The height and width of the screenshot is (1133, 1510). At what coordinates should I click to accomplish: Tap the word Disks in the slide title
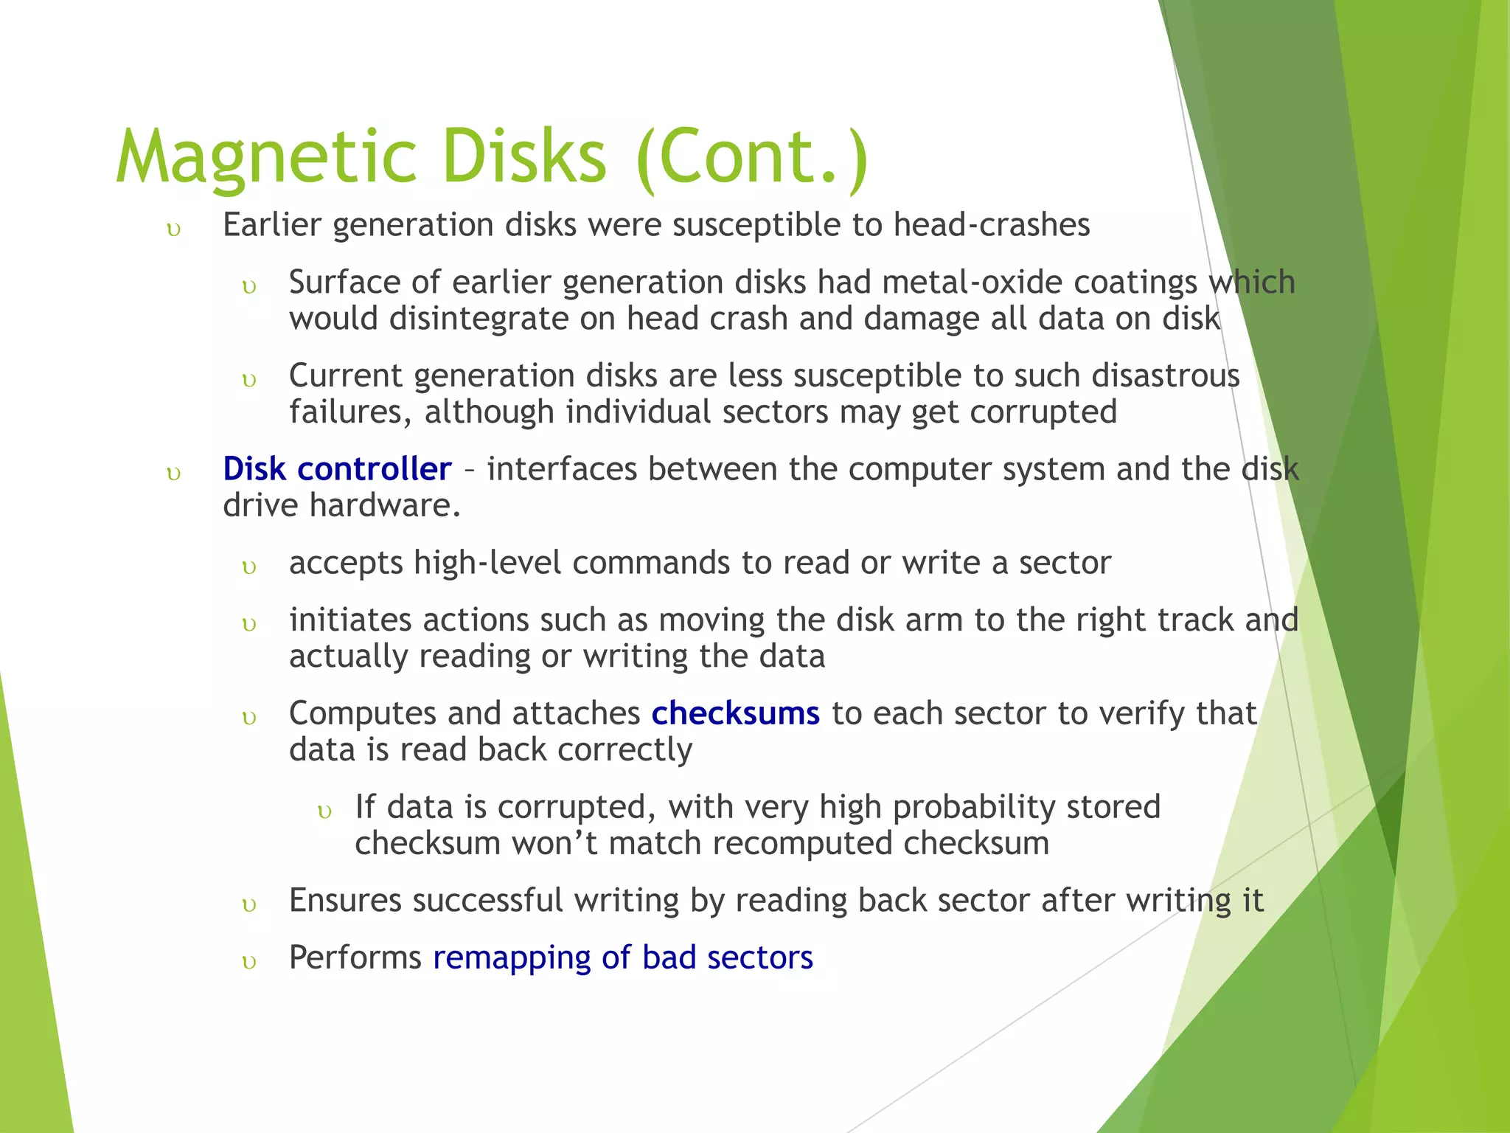click(x=525, y=156)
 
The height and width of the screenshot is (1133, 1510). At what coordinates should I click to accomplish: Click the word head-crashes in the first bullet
click(x=991, y=225)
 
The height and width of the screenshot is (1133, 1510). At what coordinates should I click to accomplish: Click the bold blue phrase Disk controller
click(x=337, y=469)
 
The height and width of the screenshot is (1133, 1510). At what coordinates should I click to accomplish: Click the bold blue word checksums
click(x=735, y=713)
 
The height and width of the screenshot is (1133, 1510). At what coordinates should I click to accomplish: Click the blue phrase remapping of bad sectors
click(x=623, y=957)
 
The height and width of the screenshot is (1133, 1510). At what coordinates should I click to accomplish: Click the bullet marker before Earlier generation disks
click(x=174, y=229)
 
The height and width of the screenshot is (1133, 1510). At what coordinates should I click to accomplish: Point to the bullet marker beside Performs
click(x=249, y=963)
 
